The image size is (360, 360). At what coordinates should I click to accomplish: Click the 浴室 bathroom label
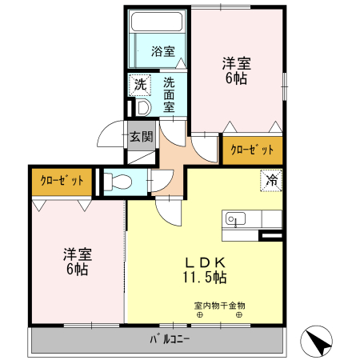tap(162, 52)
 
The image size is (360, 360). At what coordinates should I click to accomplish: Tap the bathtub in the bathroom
tap(158, 24)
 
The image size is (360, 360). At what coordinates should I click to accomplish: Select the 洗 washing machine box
tap(140, 83)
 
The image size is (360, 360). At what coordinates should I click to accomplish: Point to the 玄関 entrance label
tap(142, 136)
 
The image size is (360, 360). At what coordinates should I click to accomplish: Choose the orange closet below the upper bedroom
tap(252, 150)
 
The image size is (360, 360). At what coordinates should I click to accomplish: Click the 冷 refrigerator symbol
tap(271, 181)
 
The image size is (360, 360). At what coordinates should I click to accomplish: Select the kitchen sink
tap(234, 218)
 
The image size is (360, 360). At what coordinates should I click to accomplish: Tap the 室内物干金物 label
tap(219, 305)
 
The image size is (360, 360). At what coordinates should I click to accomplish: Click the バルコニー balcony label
tap(170, 339)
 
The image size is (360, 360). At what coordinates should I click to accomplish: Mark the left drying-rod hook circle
tap(201, 314)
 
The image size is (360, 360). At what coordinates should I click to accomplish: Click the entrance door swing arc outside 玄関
tap(110, 138)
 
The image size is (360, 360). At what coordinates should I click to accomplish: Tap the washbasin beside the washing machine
tap(142, 106)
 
